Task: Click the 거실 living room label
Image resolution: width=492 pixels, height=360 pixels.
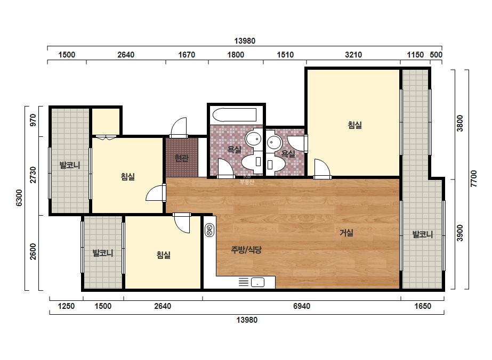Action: pos(346,233)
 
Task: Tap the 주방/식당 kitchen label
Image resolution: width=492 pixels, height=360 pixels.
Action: pos(246,250)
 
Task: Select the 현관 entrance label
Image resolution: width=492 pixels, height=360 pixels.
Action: pos(181,158)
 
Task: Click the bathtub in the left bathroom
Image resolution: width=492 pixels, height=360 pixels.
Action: pos(235,115)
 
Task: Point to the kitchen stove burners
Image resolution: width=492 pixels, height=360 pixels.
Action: pos(209,230)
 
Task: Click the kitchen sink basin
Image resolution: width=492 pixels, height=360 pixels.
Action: pos(257,282)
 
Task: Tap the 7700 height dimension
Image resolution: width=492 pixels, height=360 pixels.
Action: pos(474,179)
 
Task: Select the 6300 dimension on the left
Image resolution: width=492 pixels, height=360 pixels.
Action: pos(19,198)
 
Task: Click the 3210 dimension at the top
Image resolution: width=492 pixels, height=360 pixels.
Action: pos(353,55)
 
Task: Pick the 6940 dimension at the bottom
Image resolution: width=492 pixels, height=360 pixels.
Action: pos(302,306)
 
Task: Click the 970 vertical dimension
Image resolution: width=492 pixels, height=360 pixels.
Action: pos(33,120)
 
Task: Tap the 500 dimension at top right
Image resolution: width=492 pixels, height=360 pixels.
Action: pos(436,55)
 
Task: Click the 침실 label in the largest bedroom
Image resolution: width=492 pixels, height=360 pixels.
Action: pos(355,125)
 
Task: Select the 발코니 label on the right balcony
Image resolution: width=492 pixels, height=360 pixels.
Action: pos(422,234)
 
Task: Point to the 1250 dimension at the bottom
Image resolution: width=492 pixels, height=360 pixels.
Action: pos(66,306)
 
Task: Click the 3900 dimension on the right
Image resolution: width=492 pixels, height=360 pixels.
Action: pos(459,233)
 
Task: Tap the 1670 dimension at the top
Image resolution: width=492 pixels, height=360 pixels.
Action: pos(187,55)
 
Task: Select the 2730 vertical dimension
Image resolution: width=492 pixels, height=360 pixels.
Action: pos(33,175)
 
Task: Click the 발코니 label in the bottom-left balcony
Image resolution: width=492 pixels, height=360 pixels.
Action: pos(102,253)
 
